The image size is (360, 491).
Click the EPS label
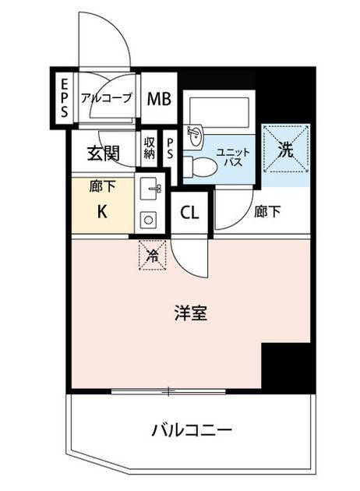tap(64, 97)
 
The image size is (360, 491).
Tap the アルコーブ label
tap(106, 98)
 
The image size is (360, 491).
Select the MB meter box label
tap(159, 99)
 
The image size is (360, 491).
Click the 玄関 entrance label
tap(104, 153)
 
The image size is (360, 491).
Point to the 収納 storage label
tap(149, 148)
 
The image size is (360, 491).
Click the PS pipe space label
tap(170, 148)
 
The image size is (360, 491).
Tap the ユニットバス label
tap(233, 157)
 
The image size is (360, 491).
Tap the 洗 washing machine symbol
tap(286, 148)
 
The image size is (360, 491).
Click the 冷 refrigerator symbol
tap(153, 255)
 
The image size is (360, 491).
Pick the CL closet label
tap(189, 213)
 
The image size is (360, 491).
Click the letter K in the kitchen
tap(102, 212)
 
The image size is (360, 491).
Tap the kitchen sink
tap(150, 188)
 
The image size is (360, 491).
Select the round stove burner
tap(149, 220)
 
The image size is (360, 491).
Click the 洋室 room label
tap(191, 313)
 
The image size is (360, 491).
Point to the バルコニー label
tap(192, 430)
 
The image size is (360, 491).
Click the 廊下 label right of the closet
tap(267, 212)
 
